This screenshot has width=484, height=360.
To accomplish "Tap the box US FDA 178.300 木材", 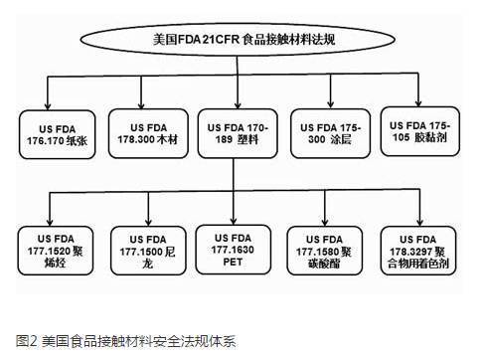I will coord(147,134).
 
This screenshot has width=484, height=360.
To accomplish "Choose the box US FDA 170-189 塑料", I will coord(237,134).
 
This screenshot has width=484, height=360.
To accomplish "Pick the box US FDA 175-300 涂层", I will coord(328,134).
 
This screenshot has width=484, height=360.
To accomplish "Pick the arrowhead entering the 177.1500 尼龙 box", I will coord(146,222).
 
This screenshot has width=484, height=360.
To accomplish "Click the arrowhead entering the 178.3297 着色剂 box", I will coord(418,222).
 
